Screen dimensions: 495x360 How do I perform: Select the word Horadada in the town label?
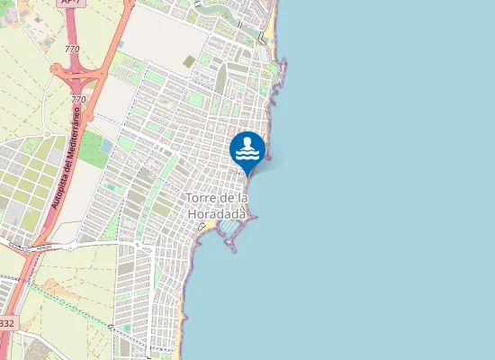(217, 214)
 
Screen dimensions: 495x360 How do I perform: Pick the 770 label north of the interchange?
(73, 49)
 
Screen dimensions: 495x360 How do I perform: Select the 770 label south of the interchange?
(78, 99)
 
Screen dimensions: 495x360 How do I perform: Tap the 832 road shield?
(6, 322)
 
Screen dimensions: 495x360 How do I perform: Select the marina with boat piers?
(231, 232)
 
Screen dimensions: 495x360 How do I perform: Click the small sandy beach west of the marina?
(206, 225)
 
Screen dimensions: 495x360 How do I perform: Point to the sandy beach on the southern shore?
(184, 315)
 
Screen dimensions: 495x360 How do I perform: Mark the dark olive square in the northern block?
(189, 61)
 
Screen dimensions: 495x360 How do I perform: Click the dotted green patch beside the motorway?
(91, 148)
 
